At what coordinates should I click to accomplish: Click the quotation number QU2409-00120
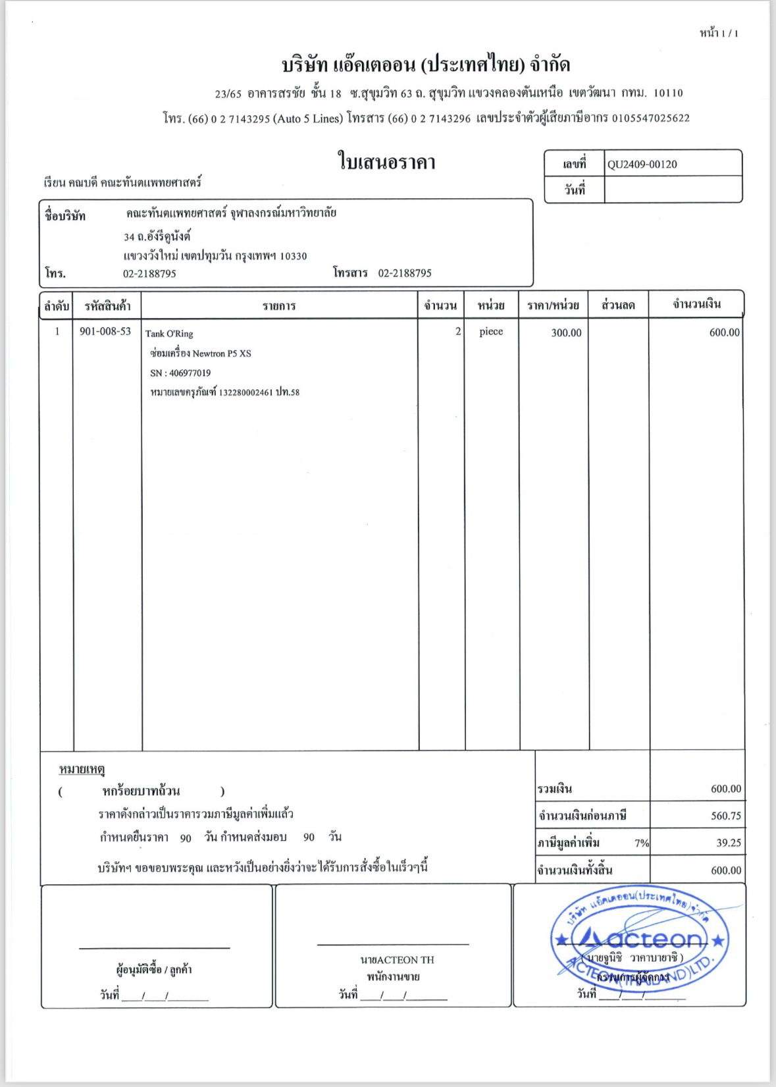click(642, 165)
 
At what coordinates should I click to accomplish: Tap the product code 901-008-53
click(105, 331)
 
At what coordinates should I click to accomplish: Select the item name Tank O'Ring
click(169, 334)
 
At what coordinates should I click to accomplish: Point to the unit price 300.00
click(566, 332)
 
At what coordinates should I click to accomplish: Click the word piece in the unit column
click(491, 332)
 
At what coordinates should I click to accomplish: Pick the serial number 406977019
click(190, 373)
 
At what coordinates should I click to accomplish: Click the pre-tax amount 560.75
click(725, 816)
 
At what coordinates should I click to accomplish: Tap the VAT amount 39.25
click(728, 843)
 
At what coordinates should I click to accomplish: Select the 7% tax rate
click(641, 843)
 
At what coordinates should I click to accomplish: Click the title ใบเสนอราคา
click(386, 162)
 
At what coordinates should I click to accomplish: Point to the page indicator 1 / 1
click(729, 34)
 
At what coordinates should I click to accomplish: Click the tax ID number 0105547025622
click(650, 119)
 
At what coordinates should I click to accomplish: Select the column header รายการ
click(279, 305)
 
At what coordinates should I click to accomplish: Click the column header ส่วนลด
click(618, 305)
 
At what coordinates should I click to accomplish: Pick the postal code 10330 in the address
click(293, 256)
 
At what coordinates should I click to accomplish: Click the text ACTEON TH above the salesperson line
click(405, 960)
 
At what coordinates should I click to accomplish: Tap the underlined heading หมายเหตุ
click(82, 769)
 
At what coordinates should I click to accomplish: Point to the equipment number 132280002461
click(246, 392)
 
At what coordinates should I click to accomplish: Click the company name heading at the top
click(426, 65)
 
